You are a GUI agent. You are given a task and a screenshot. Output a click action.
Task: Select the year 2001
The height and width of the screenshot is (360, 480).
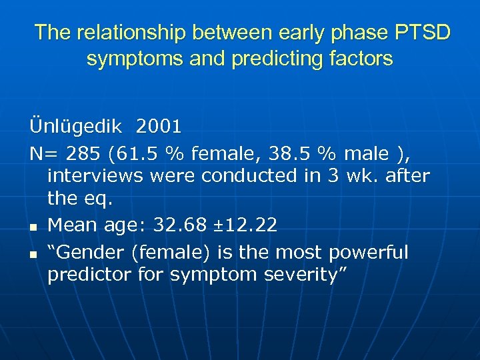[x=159, y=125]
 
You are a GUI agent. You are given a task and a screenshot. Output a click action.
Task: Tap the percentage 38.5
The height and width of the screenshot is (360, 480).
[x=284, y=154]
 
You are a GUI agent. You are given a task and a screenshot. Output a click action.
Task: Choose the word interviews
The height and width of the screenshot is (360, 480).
[x=96, y=176]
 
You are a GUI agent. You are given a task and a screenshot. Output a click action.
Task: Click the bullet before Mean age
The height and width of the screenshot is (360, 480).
[x=33, y=227]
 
